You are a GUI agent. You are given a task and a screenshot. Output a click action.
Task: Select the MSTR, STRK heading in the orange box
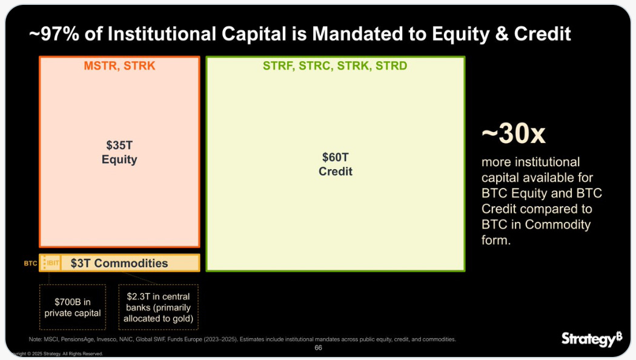(x=119, y=65)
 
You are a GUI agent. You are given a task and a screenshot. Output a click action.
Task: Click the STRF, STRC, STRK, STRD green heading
(x=335, y=65)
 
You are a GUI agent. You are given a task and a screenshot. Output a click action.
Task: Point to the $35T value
(x=119, y=145)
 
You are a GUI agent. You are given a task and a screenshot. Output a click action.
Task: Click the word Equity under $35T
(x=119, y=159)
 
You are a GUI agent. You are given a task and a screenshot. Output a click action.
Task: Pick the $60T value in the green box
(x=336, y=158)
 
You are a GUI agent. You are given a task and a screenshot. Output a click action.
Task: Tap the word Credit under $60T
(x=336, y=172)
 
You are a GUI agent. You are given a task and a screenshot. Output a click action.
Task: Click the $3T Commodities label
(x=119, y=263)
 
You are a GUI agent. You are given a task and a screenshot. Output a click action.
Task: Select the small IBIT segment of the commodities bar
(x=52, y=263)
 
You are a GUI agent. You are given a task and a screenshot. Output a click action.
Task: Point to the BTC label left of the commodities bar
(x=30, y=264)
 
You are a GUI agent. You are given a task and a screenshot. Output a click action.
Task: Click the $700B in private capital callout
(x=73, y=307)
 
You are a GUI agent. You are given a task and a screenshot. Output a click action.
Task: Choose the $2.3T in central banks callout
(x=158, y=307)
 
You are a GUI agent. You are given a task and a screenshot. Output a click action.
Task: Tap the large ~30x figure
(x=514, y=133)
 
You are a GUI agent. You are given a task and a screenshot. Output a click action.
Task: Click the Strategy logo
(x=592, y=339)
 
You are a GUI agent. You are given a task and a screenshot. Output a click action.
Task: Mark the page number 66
(x=319, y=348)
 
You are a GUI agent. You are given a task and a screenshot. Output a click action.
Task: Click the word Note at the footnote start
(x=35, y=339)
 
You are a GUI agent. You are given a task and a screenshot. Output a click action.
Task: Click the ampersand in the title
(x=502, y=34)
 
